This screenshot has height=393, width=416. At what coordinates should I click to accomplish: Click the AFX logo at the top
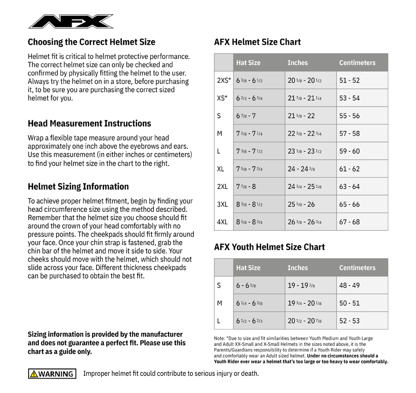point(71,21)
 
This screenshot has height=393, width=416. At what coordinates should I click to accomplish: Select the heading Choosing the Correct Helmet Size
point(92,42)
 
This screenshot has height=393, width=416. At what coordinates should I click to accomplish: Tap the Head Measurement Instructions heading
point(89,123)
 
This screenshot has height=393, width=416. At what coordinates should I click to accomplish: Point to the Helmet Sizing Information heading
point(78,187)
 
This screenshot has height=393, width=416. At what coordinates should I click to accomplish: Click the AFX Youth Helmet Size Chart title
point(269,247)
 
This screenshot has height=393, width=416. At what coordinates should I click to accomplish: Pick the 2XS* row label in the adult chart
point(224,80)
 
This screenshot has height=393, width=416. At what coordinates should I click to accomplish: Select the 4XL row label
point(222,222)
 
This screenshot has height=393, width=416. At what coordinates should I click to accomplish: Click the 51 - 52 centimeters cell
point(349,80)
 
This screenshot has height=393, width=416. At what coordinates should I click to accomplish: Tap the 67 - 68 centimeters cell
point(349,222)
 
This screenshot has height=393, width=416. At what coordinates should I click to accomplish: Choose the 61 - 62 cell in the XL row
point(349,169)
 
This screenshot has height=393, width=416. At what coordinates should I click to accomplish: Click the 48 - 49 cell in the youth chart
point(349,285)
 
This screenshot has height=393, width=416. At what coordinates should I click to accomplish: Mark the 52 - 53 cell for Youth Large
point(349,321)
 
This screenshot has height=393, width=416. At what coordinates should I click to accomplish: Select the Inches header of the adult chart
point(298,63)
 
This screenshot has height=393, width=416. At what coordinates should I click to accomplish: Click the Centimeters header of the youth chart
point(357,268)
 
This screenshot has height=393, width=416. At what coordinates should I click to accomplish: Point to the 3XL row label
point(222,204)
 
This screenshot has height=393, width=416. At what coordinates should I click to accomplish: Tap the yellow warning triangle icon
point(34,374)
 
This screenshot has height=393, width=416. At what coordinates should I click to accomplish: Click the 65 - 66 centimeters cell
point(349,204)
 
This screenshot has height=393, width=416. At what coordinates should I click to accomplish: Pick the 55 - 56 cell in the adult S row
point(349,116)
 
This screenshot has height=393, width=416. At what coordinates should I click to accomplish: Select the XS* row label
point(222,98)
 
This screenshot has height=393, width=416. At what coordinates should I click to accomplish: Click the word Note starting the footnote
point(219,338)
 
